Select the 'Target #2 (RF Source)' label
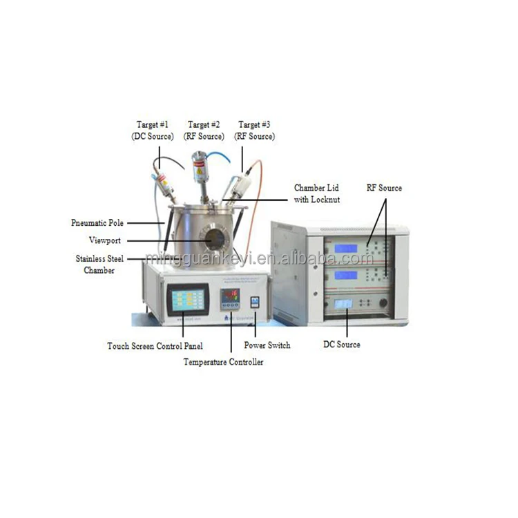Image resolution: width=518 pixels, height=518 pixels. [204, 131]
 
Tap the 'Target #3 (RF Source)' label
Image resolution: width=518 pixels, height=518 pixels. [254, 131]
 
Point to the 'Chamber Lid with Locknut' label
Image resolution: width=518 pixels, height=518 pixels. [317, 193]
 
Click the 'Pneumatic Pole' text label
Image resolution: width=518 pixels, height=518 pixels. [98, 223]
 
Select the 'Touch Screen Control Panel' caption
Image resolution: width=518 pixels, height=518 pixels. [146, 345]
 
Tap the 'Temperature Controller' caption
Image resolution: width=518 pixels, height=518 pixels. [223, 361]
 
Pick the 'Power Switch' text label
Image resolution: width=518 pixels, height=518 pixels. [267, 345]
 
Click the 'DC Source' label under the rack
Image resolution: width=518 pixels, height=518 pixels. [342, 344]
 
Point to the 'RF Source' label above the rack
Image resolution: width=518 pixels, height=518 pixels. [384, 188]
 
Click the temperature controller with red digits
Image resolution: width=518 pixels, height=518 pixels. [229, 300]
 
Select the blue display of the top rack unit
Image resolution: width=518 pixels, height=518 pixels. [345, 248]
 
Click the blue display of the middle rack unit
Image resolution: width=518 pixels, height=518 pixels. [345, 275]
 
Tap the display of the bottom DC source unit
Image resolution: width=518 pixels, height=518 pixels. [343, 304]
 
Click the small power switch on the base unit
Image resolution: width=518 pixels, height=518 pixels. [254, 302]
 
